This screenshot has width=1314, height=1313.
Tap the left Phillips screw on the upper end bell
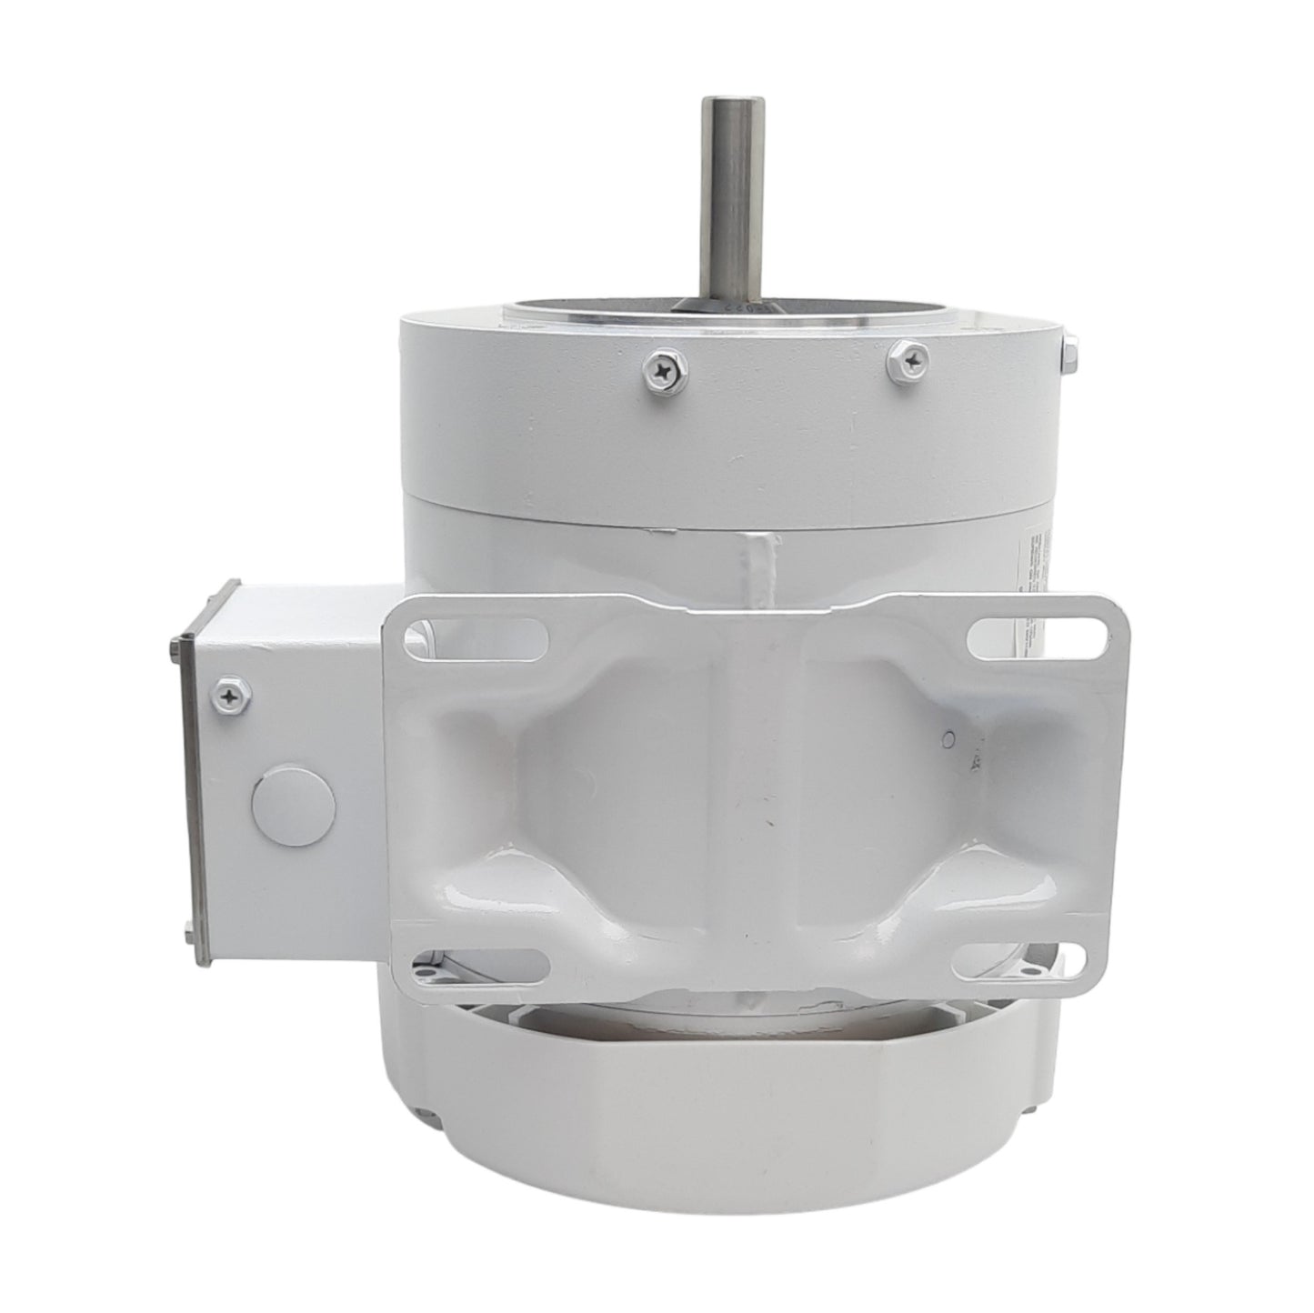click(657, 368)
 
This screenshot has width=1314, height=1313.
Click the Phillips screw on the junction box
click(226, 697)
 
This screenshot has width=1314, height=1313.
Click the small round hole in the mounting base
click(948, 738)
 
